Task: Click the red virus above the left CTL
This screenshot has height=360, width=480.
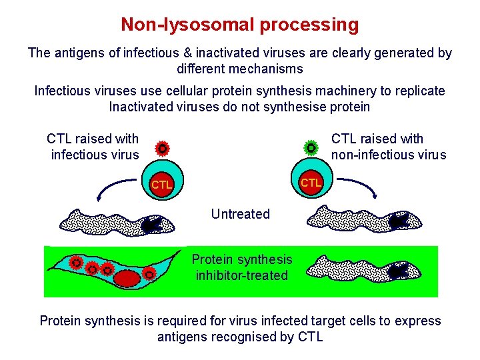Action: pyautogui.click(x=161, y=148)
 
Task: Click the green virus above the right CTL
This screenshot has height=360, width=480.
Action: pyautogui.click(x=311, y=147)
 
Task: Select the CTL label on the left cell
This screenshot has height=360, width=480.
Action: pyautogui.click(x=161, y=184)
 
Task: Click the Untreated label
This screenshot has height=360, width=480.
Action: pyautogui.click(x=240, y=214)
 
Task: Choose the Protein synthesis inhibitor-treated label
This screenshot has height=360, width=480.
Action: pyautogui.click(x=241, y=267)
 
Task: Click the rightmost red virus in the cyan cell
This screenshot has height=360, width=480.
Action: pyautogui.click(x=150, y=274)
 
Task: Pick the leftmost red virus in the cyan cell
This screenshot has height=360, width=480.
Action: pyautogui.click(x=77, y=263)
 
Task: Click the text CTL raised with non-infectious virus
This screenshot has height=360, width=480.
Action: pyautogui.click(x=388, y=147)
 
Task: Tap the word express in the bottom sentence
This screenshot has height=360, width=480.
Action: pyautogui.click(x=417, y=321)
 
